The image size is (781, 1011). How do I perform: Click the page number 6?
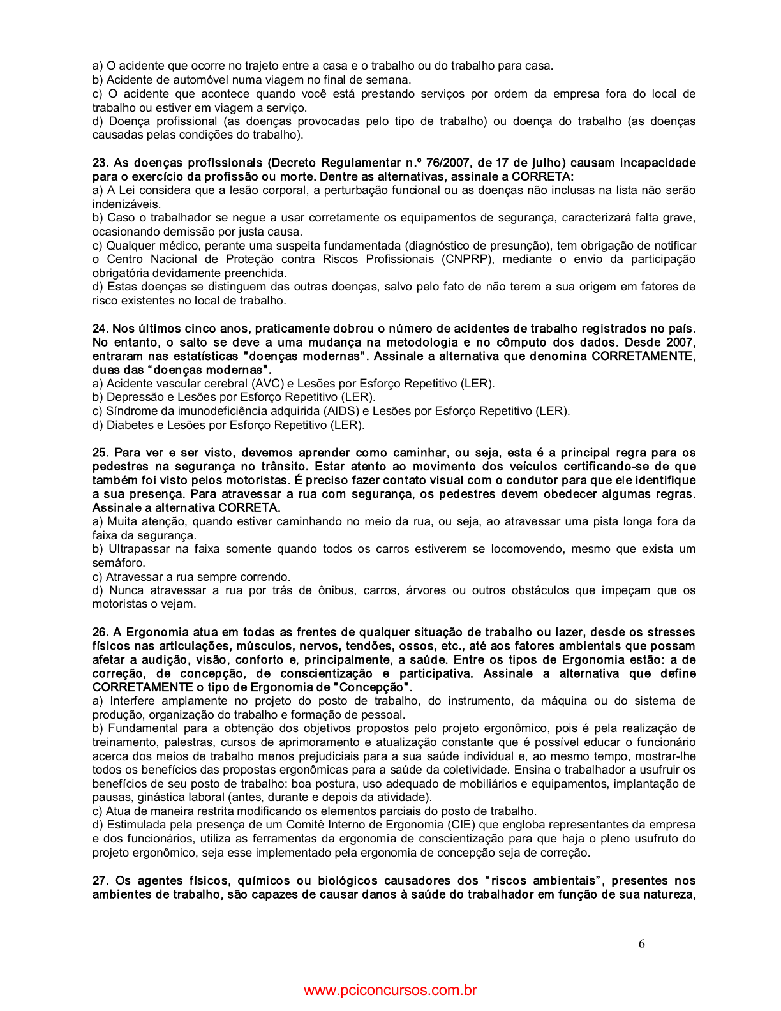tap(641, 944)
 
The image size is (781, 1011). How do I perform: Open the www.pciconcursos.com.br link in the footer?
tap(390, 991)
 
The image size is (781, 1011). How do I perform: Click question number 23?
tap(100, 163)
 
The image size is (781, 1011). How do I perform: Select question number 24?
tap(100, 329)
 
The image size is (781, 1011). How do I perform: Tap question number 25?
tap(100, 453)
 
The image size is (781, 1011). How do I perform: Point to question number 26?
tap(100, 632)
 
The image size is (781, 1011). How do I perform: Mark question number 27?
tap(101, 881)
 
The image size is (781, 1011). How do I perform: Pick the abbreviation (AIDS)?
tap(341, 411)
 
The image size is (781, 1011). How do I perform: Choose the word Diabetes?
tap(128, 425)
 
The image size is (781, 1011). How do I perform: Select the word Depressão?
tap(133, 397)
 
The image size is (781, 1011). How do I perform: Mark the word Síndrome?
tap(131, 411)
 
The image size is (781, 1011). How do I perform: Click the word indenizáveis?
tap(126, 204)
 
